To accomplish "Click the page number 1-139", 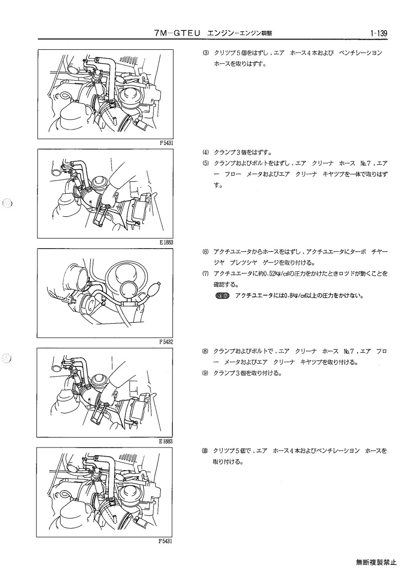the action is (379, 33).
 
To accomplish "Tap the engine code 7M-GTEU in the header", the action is (178, 33).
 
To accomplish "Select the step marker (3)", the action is (205, 53).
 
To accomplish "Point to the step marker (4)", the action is (205, 153).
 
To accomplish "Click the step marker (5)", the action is (205, 163).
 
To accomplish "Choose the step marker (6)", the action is (205, 252).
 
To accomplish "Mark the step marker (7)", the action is (205, 274).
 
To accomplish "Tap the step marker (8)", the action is (205, 351).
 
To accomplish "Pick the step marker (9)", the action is (205, 373).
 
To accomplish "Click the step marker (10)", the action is (205, 451).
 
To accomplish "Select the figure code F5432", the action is (166, 342).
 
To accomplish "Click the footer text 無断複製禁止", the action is (376, 562).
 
